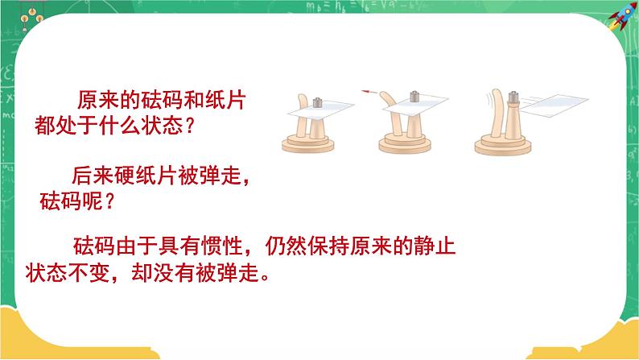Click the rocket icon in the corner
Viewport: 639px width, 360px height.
[622, 17]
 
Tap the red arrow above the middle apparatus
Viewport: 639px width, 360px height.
[368, 92]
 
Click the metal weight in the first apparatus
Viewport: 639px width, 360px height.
[317, 102]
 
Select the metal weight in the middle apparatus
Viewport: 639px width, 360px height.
[414, 96]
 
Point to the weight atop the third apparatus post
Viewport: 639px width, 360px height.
[513, 97]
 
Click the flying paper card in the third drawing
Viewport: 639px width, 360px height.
[554, 105]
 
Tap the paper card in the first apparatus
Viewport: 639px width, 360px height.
[320, 110]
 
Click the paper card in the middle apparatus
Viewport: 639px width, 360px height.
[415, 104]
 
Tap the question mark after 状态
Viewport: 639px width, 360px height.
[188, 126]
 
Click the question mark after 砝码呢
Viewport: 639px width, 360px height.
[109, 201]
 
